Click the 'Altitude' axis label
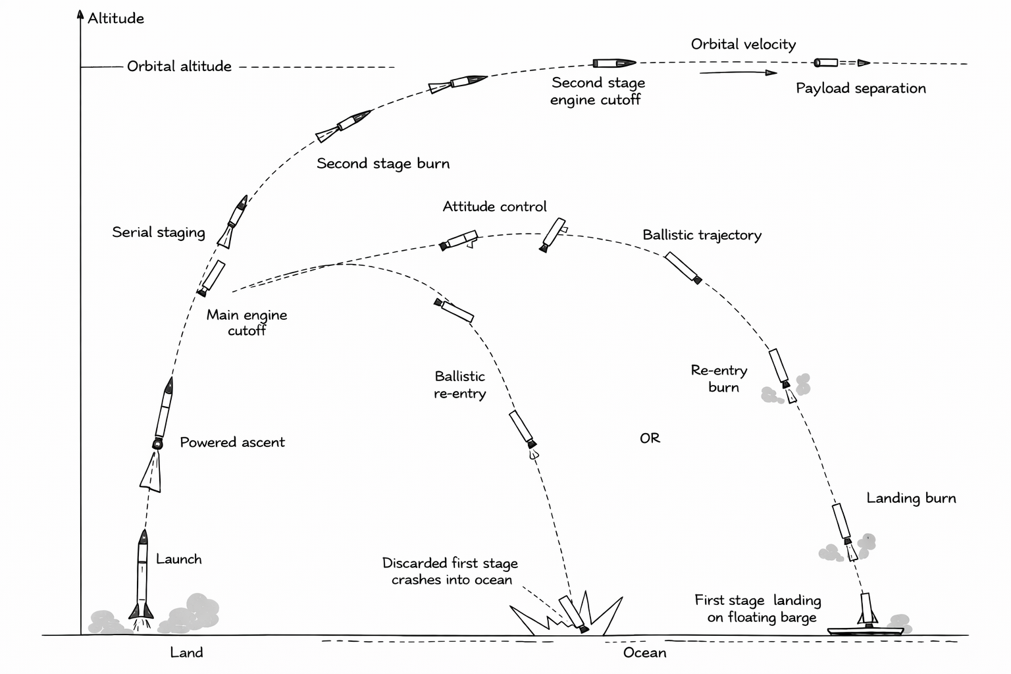pyautogui.click(x=116, y=18)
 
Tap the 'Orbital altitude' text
pyautogui.click(x=179, y=66)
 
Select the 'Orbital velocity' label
pyautogui.click(x=743, y=45)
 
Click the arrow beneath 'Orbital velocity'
pyautogui.click(x=738, y=72)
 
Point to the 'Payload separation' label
pyautogui.click(x=860, y=88)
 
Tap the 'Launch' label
pyautogui.click(x=178, y=559)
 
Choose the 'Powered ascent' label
pyautogui.click(x=232, y=442)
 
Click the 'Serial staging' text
pyautogui.click(x=158, y=232)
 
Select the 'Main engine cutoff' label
pyautogui.click(x=247, y=323)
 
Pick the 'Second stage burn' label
pyautogui.click(x=383, y=164)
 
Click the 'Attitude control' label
pyautogui.click(x=494, y=207)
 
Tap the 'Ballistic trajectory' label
pyautogui.click(x=702, y=235)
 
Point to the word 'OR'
pyautogui.click(x=650, y=438)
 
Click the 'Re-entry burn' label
pyautogui.click(x=719, y=379)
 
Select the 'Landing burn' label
pyautogui.click(x=911, y=498)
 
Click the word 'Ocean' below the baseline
pyautogui.click(x=644, y=653)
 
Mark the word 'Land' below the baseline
pyautogui.click(x=186, y=653)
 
